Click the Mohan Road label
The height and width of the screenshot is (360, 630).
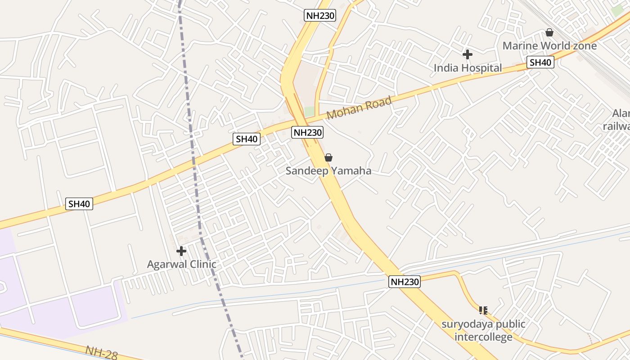point(359,108)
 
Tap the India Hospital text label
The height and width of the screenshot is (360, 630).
point(468,68)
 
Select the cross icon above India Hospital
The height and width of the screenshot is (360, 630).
point(468,54)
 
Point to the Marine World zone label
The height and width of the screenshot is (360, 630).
point(549,46)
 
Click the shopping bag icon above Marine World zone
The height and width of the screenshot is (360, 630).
point(549,32)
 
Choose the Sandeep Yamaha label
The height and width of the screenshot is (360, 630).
point(328,171)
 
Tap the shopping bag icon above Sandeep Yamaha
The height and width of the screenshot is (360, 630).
point(328,157)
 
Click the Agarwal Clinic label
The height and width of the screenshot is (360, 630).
point(181,264)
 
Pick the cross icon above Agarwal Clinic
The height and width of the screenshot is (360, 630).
point(181,251)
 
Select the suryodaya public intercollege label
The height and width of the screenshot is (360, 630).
point(483,330)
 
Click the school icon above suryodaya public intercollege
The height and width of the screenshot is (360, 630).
point(483,310)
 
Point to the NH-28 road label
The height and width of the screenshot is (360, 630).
point(101,353)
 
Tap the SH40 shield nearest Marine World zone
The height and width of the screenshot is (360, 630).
point(540,63)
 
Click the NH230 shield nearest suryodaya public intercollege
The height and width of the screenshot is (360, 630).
point(405,282)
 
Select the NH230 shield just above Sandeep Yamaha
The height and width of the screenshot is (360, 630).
point(307,132)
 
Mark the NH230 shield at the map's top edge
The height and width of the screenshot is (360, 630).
point(320,16)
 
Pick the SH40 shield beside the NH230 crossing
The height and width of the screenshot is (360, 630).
point(247,139)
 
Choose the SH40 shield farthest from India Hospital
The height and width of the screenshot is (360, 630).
point(79,204)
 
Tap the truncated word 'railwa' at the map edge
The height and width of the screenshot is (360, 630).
point(616,126)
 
